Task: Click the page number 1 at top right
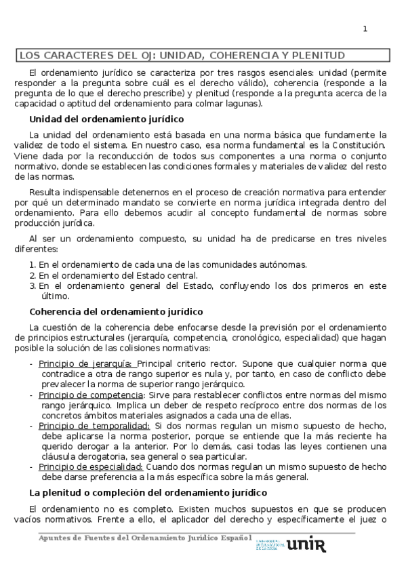click(365, 28)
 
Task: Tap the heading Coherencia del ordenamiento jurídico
click(116, 312)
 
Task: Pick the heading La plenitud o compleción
click(148, 492)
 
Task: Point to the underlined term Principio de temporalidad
click(94, 425)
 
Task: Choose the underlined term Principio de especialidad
click(90, 467)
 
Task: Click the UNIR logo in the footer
click(306, 546)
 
